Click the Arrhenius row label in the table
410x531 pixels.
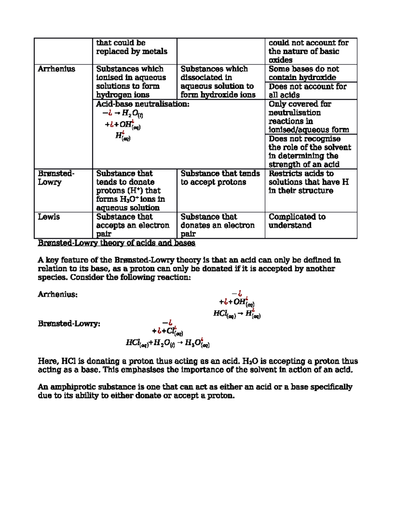pos(56,69)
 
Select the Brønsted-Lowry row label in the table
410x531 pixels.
pos(56,178)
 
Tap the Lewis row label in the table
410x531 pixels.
pos(49,217)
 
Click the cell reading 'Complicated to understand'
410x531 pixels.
pos(297,221)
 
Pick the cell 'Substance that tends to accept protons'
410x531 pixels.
pos(220,178)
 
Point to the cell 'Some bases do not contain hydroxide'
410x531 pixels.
pos(303,73)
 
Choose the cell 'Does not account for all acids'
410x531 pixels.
pos(307,91)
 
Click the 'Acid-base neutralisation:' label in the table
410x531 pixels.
pos(142,104)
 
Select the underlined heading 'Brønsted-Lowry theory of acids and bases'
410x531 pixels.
pos(117,243)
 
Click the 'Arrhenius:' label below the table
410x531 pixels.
pos(57,295)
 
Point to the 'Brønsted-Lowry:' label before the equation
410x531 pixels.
pos(69,324)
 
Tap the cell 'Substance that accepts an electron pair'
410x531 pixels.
pos(133,225)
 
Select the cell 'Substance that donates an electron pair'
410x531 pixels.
pos(217,225)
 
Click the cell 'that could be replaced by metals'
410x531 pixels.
pos(132,47)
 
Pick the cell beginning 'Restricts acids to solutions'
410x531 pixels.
pos(308,182)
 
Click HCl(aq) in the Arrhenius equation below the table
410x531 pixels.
pos(224,314)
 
